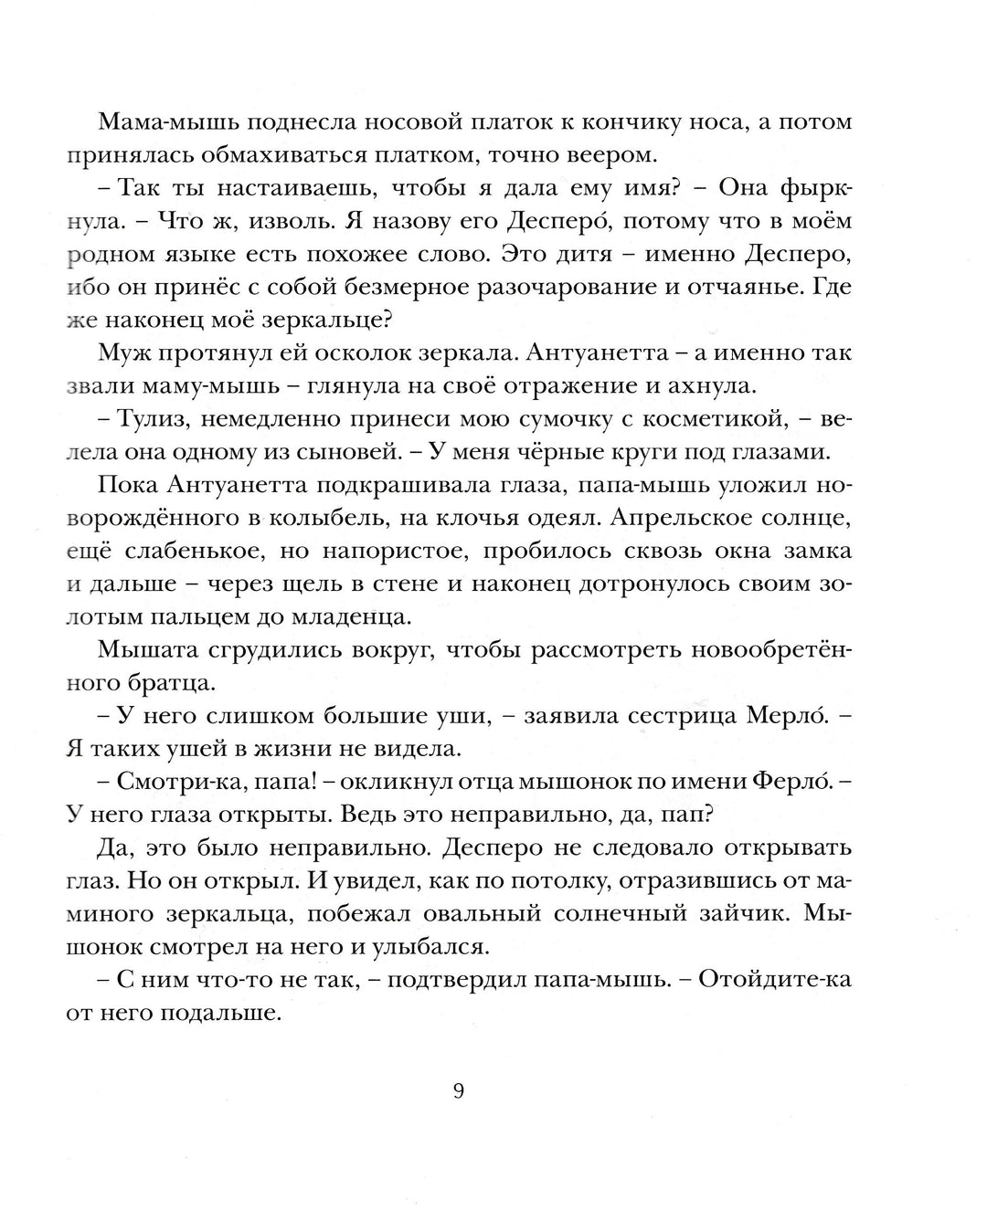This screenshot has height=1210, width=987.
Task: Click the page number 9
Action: tap(459, 1092)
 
